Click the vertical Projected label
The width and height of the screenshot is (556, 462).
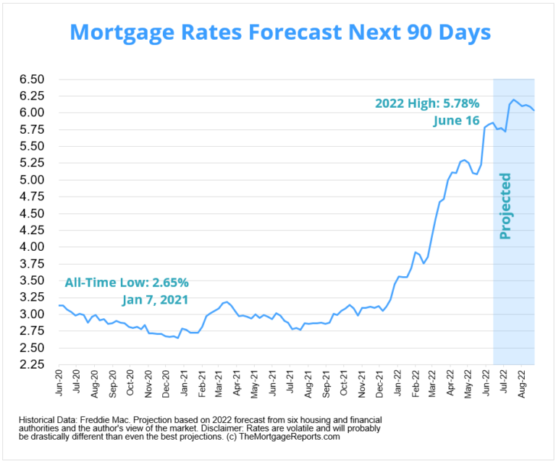[x=505, y=206]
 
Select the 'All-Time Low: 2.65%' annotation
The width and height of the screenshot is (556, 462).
[x=127, y=281]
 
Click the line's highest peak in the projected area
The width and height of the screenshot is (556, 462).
[x=514, y=100]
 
